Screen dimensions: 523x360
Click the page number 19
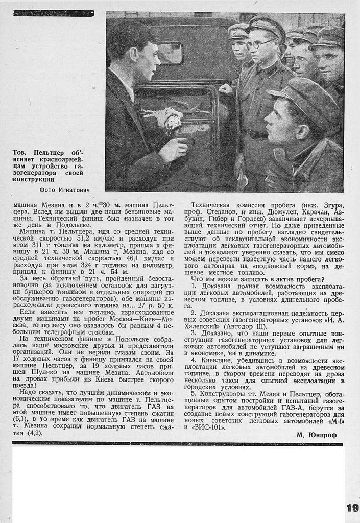352,508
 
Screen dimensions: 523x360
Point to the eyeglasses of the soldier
260,43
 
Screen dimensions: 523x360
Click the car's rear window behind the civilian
171,54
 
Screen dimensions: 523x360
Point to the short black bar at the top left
54,13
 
